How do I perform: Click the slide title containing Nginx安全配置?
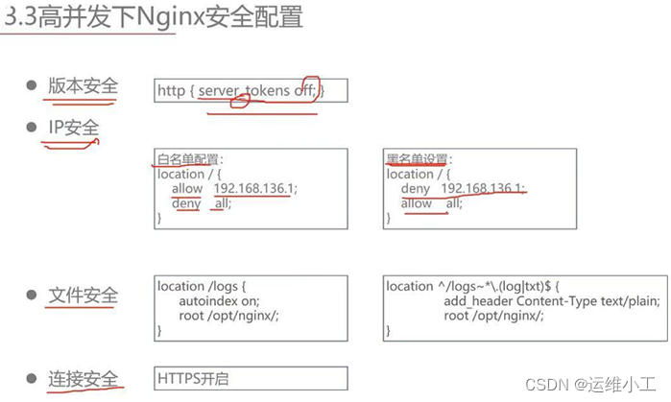(154, 17)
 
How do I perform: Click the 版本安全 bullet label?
(84, 86)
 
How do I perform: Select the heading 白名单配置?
(189, 159)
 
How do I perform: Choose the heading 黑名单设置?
(418, 159)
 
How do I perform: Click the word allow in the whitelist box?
(187, 189)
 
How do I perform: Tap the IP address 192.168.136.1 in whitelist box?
(255, 189)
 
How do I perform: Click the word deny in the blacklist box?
(416, 189)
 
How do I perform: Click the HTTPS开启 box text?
(192, 379)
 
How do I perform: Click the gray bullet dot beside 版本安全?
(31, 86)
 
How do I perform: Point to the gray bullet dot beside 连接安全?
(31, 376)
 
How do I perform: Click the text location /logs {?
(203, 286)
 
